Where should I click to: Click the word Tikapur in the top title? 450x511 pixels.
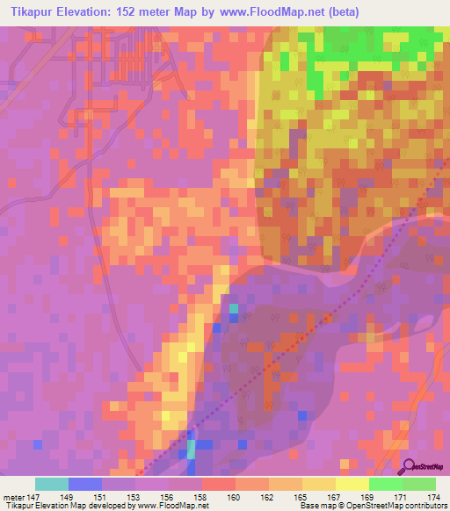(x=35, y=12)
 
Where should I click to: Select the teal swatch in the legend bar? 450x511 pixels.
(x=51, y=484)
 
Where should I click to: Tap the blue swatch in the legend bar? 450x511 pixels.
(x=84, y=484)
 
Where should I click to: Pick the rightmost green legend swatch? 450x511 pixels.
(x=419, y=484)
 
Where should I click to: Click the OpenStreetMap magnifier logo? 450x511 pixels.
(x=410, y=466)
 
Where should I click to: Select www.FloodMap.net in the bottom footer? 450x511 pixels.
(x=171, y=506)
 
